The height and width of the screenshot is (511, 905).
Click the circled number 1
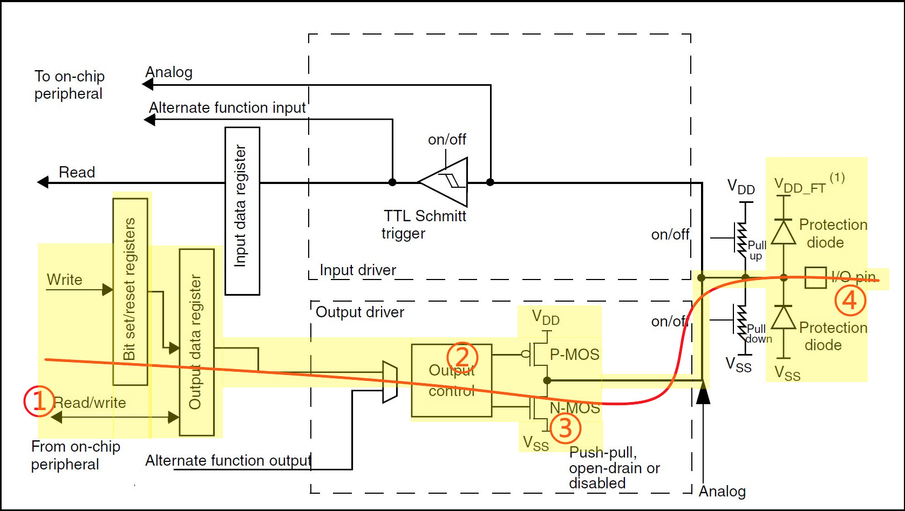tap(39, 401)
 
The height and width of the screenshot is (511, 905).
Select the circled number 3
tap(565, 428)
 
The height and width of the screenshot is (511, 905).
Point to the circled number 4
tap(850, 301)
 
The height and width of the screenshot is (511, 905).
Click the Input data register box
tap(242, 211)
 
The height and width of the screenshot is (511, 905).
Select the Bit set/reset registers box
tap(130, 291)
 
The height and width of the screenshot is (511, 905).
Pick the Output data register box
tap(196, 342)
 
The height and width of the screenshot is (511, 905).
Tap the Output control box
tap(452, 380)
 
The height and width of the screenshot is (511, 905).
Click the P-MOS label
tap(574, 355)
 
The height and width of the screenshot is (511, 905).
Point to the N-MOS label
tap(575, 408)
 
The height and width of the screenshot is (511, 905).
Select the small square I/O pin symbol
tap(815, 278)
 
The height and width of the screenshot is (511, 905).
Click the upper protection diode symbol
tap(784, 233)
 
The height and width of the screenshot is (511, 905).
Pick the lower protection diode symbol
tap(784, 318)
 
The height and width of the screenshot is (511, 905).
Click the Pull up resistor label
tap(757, 250)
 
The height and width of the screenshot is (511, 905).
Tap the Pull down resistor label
tap(758, 334)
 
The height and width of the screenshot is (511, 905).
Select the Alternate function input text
tap(227, 108)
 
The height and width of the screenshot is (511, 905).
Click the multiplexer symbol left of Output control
tap(390, 382)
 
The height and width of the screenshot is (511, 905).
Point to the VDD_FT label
tap(800, 187)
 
